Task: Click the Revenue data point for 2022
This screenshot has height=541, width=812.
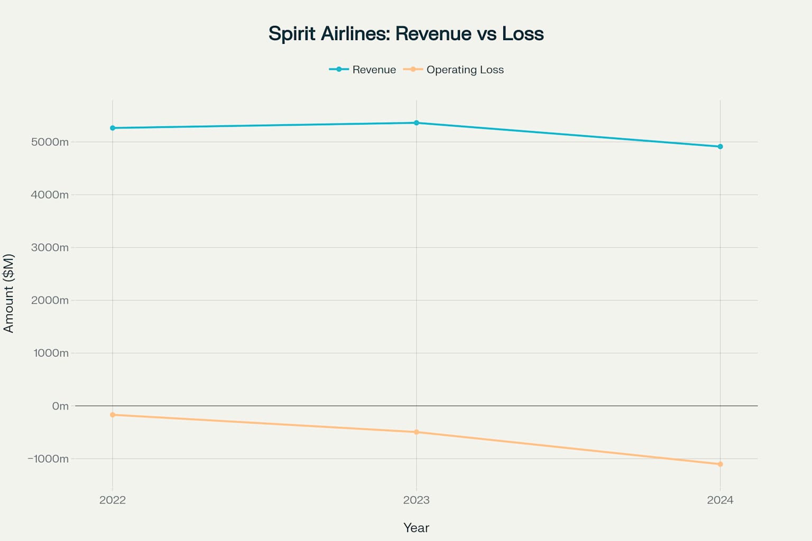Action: point(113,128)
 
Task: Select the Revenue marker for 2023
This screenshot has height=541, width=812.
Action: point(417,123)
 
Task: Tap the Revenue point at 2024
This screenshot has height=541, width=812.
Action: point(720,146)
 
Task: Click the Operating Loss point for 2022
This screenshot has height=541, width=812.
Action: point(113,415)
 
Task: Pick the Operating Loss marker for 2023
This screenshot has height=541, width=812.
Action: point(417,432)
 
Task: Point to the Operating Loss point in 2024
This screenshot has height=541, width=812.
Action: point(720,464)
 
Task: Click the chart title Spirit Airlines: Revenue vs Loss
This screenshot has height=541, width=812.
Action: point(406,33)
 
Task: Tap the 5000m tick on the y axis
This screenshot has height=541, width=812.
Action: point(50,142)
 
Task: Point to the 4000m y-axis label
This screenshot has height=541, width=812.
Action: point(50,194)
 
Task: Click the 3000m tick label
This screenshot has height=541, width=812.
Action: point(50,247)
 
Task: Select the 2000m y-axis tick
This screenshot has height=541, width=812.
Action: point(50,300)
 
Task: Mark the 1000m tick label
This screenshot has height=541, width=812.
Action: point(51,353)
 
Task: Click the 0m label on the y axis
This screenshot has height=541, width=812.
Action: point(60,406)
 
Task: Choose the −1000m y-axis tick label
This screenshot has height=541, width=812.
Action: point(48,459)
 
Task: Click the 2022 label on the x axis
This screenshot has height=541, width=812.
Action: point(113,500)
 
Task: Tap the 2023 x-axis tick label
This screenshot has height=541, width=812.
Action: point(417,500)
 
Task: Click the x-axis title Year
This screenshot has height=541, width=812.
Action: point(416,527)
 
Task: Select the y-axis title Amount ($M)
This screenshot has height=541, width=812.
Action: point(8,293)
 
